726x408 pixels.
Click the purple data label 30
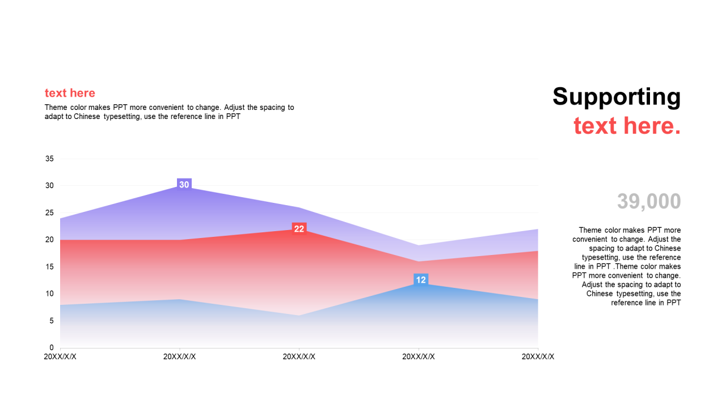coord(184,185)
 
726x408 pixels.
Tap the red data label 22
coord(299,229)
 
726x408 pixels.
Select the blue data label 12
coord(421,280)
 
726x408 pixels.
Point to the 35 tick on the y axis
coord(49,159)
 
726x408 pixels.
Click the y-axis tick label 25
coord(49,213)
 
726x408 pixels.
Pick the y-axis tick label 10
coord(49,294)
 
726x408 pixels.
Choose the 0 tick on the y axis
coord(52,347)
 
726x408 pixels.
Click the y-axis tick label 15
coord(49,267)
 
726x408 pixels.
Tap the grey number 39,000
coord(649,202)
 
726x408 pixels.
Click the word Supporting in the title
coord(617,96)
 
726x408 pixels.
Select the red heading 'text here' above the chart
coord(70,93)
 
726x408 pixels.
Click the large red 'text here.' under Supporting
coord(627,125)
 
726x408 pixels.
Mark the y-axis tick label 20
coord(49,240)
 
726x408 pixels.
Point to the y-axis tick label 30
coord(49,186)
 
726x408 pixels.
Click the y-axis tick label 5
coord(52,321)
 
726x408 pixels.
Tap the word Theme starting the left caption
coord(56,107)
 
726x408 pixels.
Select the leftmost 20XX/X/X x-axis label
coord(60,356)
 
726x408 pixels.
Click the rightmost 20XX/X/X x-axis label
coord(538,356)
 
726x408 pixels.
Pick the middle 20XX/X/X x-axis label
coord(299,356)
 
